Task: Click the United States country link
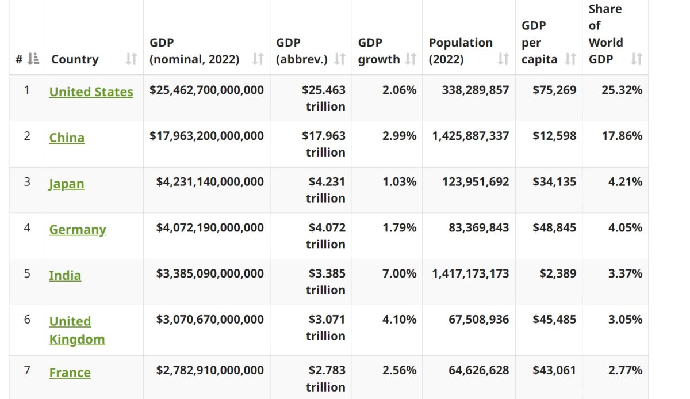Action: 91,92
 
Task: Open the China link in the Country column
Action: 67,138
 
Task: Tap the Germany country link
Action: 78,230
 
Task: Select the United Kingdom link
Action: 77,330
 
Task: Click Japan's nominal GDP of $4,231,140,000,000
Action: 210,182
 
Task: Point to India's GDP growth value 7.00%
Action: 399,273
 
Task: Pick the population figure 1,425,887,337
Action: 470,136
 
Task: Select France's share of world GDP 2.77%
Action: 625,370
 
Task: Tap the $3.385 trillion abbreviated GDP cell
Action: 325,282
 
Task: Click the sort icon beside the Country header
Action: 132,59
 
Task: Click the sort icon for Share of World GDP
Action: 636,59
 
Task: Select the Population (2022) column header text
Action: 461,51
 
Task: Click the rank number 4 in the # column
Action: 27,227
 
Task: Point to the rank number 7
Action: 27,370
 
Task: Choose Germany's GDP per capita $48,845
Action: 554,227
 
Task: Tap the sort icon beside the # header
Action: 34,59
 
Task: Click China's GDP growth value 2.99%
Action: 399,136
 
